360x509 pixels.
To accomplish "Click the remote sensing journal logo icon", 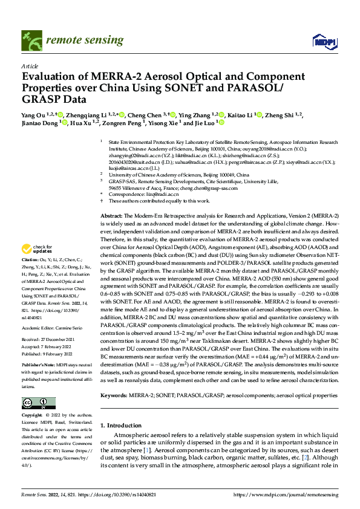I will (31, 41).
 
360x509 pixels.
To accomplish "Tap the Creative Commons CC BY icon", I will (38, 403).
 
